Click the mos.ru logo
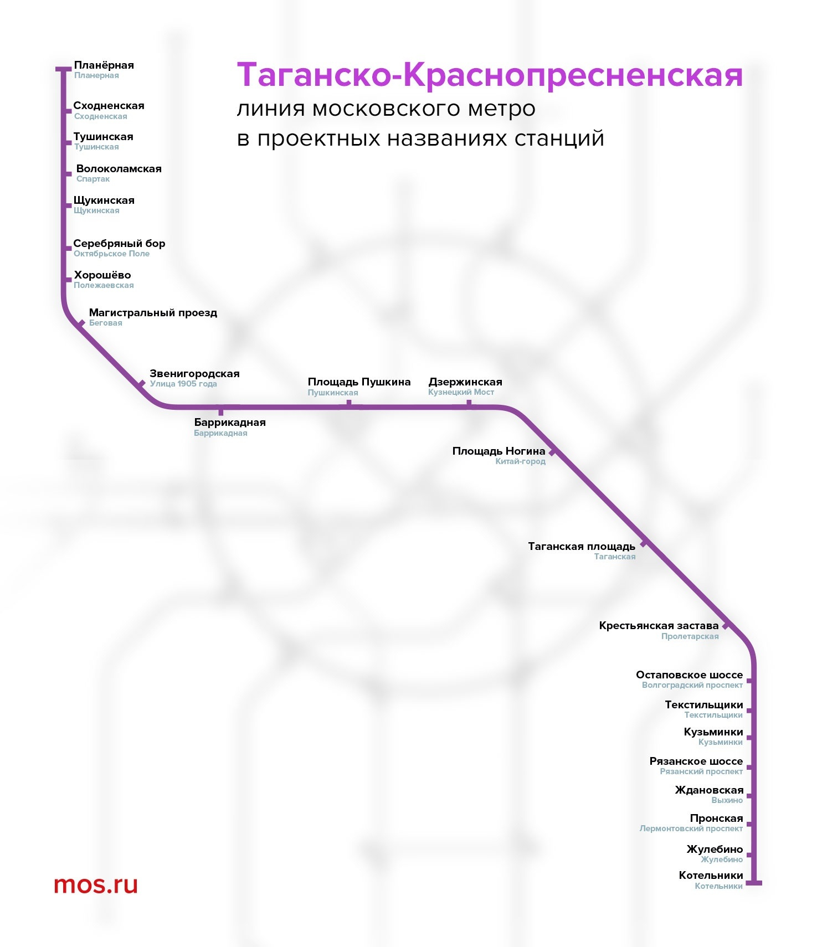coord(95,884)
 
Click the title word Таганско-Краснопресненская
coord(490,75)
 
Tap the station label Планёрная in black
coord(104,65)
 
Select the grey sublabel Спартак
coord(93,179)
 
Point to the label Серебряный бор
coord(119,244)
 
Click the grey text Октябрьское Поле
coord(111,254)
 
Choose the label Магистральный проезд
coord(153,313)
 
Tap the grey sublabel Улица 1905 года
coord(183,384)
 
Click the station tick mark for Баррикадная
coord(221,411)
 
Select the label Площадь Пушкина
coord(359,382)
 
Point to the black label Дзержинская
coord(465,382)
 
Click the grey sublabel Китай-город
coord(520,461)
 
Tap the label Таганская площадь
coord(582,547)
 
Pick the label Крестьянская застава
coord(659,626)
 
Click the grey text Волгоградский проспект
coord(692,685)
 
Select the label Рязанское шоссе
coord(696,761)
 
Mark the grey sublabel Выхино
coord(727,800)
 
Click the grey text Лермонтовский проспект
coord(691,828)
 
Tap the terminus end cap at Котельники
coord(754,883)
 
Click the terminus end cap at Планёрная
coord(63,69)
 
